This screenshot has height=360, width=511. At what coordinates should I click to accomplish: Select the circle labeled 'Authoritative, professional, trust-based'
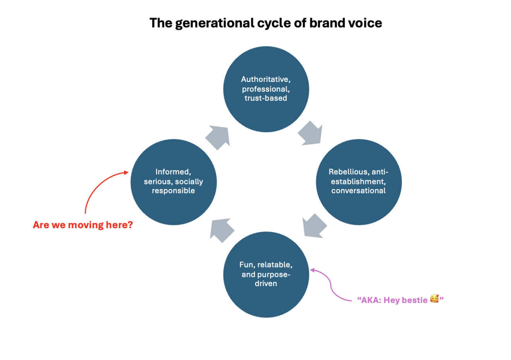point(266,89)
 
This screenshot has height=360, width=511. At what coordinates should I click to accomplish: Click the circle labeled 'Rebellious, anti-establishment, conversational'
point(359,182)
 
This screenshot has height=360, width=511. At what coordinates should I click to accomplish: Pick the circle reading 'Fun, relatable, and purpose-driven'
point(266,275)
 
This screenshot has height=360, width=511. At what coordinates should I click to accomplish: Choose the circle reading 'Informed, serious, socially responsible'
point(174,182)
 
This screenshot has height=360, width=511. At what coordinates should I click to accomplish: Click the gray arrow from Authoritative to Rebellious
point(311,133)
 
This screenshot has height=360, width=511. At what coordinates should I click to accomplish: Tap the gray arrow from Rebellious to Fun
point(314,226)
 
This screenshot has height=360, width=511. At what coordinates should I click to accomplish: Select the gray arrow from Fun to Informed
point(221,230)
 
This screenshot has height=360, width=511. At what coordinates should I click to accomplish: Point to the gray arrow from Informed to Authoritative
point(218,137)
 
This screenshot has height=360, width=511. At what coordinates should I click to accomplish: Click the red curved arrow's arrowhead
point(126,172)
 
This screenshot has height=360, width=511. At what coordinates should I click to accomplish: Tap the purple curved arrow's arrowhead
point(313,270)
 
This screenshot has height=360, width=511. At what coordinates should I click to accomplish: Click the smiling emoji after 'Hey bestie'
point(434,299)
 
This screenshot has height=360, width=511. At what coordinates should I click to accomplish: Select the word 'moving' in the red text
point(86,225)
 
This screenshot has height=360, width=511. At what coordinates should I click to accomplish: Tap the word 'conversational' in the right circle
point(358,191)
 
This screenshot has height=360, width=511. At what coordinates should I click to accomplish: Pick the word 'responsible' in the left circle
point(174,191)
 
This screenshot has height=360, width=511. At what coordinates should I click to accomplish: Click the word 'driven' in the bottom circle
point(266,283)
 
